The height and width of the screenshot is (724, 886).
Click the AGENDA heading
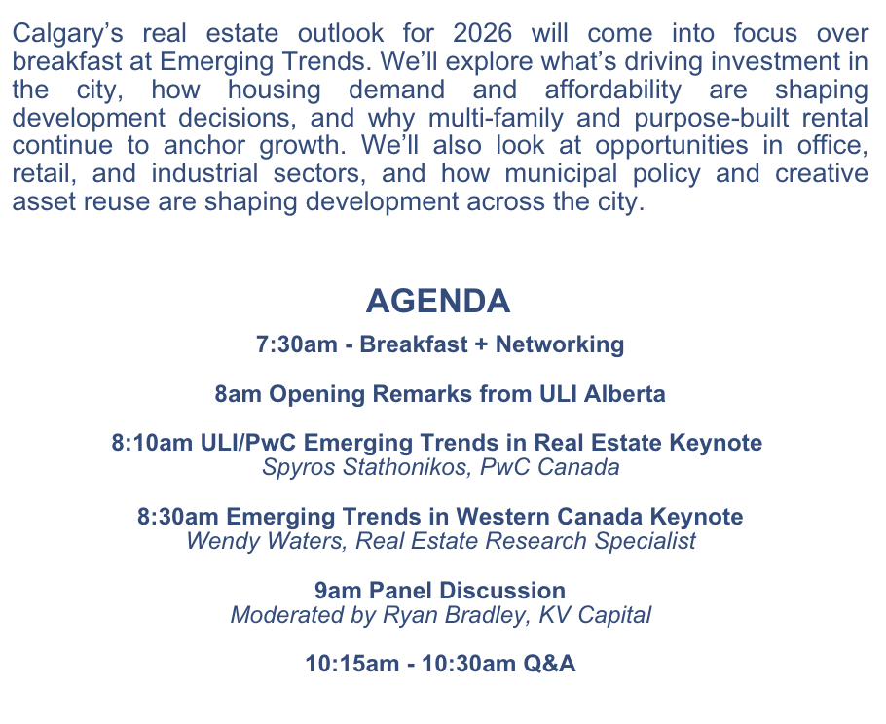(x=438, y=301)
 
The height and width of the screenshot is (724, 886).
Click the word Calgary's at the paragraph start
(x=67, y=34)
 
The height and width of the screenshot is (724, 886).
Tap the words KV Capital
(x=595, y=614)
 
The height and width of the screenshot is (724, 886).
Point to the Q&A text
(x=549, y=663)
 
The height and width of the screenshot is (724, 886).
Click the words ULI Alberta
(x=603, y=393)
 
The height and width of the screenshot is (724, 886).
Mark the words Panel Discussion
(x=467, y=590)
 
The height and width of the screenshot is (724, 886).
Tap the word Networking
(x=560, y=344)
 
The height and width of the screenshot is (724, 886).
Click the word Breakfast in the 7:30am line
(x=414, y=344)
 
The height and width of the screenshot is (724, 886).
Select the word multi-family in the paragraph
(x=496, y=118)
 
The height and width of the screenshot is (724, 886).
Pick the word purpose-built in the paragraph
(x=712, y=118)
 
